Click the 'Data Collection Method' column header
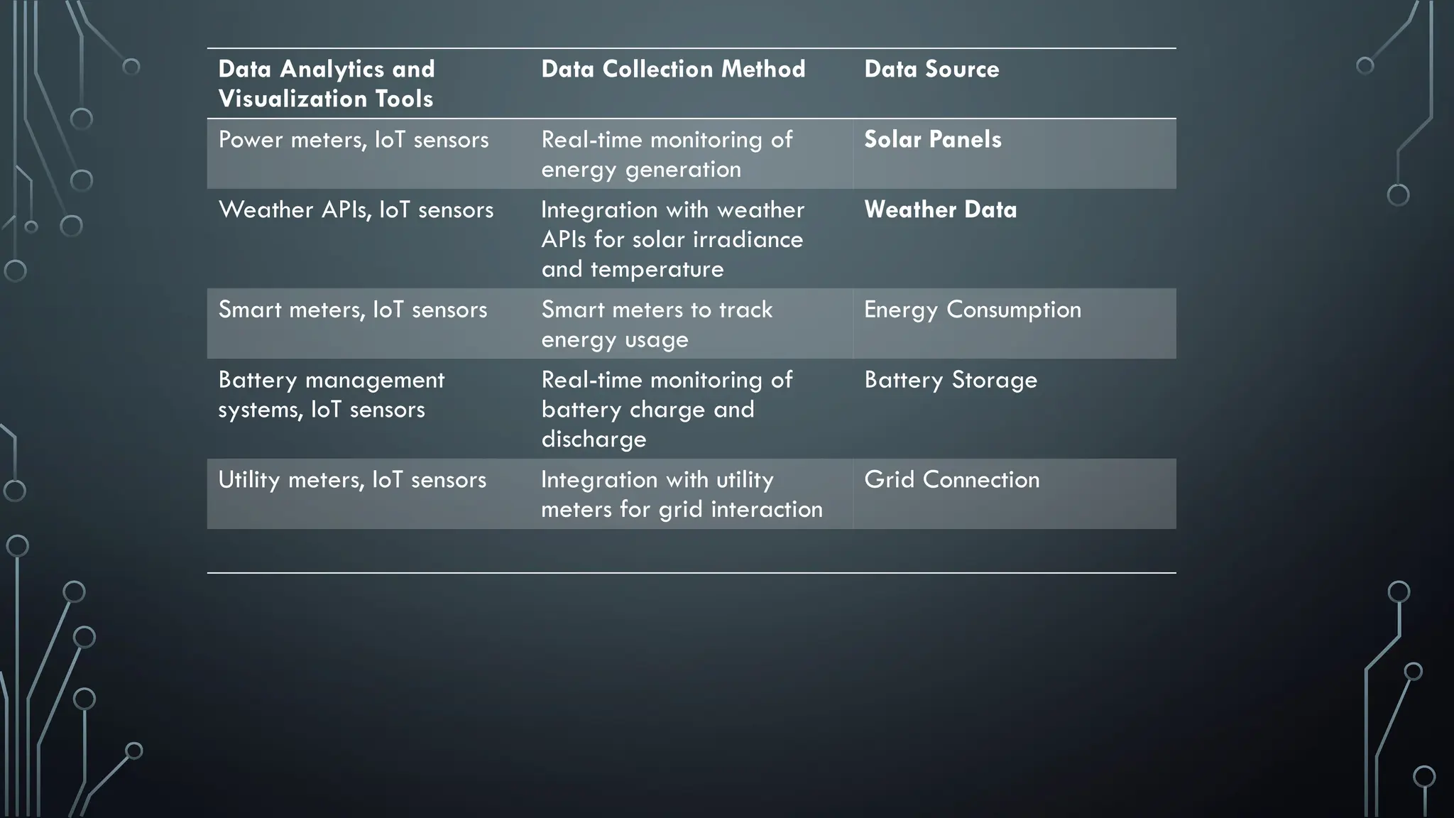673,69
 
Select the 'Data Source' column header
931,69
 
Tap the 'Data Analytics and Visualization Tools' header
327,84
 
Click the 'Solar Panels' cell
933,139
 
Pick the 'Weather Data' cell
940,209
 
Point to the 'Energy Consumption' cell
973,310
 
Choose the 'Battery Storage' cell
951,380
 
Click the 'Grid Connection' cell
952,479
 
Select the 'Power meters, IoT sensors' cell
354,139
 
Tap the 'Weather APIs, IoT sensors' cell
356,209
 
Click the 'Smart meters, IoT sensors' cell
353,310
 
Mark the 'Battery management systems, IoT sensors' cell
331,395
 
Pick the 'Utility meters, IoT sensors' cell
352,479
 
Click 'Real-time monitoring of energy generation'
666,154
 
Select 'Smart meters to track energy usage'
657,325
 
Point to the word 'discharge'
594,440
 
